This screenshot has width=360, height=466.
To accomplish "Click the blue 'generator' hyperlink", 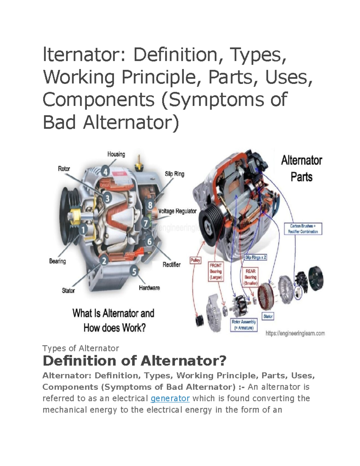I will tap(170, 398).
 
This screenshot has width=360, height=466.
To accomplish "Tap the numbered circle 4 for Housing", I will tap(105, 172).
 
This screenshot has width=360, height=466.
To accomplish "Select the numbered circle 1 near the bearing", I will tap(83, 230).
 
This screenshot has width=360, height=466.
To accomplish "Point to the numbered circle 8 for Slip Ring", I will tap(150, 205).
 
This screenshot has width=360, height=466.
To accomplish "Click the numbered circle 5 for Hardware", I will tap(134, 272).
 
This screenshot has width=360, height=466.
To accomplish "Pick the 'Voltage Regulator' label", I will tap(177, 211).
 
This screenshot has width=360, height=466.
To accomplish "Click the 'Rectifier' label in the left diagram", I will tap(172, 264).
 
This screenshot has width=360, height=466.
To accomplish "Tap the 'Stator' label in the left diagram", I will tap(68, 290).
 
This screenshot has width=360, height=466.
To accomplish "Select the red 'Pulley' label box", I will tap(195, 260).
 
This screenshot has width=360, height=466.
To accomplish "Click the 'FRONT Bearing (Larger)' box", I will tap(216, 272).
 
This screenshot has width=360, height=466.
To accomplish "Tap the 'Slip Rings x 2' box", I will tap(256, 257).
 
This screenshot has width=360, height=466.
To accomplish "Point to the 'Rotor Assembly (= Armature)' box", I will tap(244, 325).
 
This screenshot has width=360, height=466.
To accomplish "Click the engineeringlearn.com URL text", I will tap(295, 333).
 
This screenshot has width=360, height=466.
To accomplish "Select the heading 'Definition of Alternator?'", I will tap(134, 361).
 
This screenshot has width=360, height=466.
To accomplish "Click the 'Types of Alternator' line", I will tap(81, 348).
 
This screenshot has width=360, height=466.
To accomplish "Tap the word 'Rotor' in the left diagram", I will tap(64, 169).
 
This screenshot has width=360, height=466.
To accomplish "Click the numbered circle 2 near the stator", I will tap(104, 261).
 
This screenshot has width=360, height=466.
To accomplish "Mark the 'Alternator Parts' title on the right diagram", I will tap(301, 169).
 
